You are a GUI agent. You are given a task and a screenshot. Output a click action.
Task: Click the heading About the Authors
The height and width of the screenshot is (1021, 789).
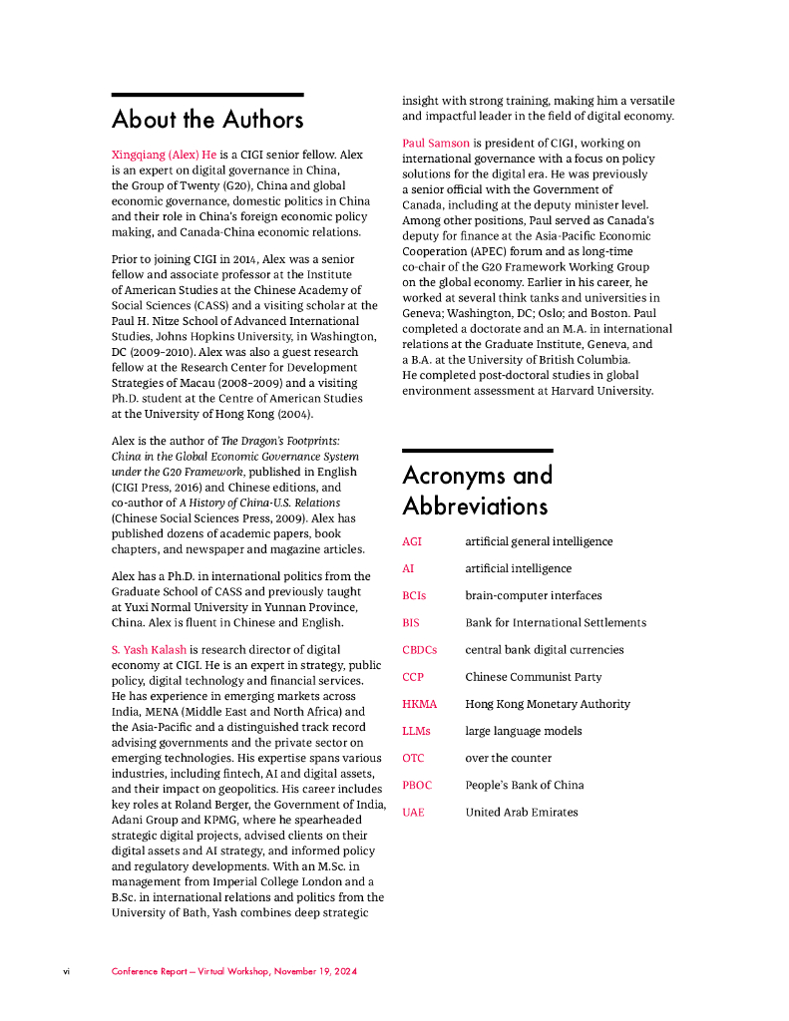coord(207,120)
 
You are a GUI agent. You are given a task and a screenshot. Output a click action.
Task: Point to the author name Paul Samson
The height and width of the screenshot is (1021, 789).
coord(436,144)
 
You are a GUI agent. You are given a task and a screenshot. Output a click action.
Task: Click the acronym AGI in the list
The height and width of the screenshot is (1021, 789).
coord(412,541)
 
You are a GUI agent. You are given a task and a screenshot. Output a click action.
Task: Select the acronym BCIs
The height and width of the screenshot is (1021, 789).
coord(414,595)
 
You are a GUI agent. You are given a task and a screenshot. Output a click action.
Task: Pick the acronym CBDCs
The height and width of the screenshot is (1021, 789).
coord(419,649)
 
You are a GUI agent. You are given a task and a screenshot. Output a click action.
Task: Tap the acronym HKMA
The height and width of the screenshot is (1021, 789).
coord(419,704)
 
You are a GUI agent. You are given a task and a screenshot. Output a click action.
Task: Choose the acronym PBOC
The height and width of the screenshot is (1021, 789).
coord(417,785)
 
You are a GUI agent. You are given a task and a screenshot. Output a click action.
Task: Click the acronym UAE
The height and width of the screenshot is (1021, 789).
coord(413,812)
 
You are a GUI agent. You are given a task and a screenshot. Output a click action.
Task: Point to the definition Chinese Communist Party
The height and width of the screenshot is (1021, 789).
coord(533,677)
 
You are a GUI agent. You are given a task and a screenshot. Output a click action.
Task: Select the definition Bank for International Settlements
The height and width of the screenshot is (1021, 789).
coord(556,622)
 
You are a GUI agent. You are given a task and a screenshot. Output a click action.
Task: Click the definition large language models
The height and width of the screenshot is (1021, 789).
coord(523,731)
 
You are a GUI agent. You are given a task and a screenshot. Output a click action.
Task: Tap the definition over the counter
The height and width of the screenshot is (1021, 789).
coord(508,758)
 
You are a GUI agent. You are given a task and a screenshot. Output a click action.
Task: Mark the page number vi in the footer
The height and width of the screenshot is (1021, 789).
coord(66,971)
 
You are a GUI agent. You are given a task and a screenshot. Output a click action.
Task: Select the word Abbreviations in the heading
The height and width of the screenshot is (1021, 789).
coord(475,507)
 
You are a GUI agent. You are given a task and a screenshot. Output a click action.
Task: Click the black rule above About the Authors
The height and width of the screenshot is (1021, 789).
coord(207,95)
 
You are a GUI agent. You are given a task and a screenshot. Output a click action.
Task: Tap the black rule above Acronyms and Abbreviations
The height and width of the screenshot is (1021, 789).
coord(477,451)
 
